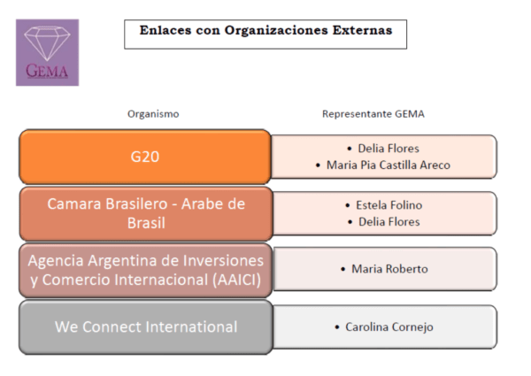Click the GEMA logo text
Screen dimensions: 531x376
(47, 71)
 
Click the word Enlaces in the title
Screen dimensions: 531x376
(165, 30)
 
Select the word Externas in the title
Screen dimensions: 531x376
(362, 30)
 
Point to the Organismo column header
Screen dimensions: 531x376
(153, 114)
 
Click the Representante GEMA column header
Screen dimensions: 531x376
(373, 114)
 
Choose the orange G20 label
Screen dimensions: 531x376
(145, 157)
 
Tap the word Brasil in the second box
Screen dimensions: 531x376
(146, 223)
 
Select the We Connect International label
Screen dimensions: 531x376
(146, 327)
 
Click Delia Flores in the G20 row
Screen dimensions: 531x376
(389, 149)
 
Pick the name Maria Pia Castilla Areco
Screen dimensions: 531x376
(389, 165)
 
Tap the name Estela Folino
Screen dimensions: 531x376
(389, 205)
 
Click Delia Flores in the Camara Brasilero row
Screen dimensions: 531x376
(389, 222)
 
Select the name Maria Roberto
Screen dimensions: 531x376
(389, 269)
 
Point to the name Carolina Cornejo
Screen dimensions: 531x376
(389, 327)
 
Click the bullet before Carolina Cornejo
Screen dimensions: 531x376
(337, 327)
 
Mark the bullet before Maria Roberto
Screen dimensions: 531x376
(343, 270)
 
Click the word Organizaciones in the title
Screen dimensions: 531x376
(276, 30)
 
